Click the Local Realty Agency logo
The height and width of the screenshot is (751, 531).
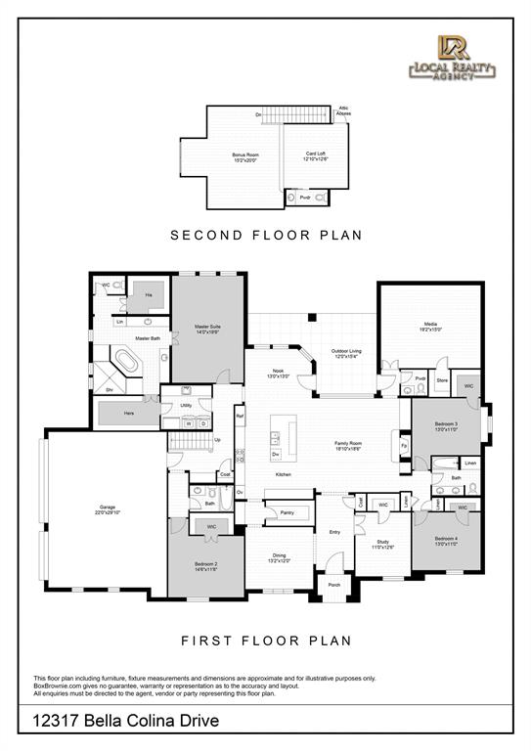click(453, 60)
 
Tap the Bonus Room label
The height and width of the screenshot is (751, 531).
click(245, 157)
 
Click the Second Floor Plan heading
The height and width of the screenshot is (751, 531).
click(266, 235)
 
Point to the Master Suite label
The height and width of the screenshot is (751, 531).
click(206, 330)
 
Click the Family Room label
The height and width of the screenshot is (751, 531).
click(348, 445)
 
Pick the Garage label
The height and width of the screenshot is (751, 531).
click(107, 508)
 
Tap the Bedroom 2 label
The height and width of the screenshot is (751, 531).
click(205, 569)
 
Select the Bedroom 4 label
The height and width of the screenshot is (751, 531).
click(447, 541)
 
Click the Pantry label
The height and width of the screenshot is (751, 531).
click(287, 511)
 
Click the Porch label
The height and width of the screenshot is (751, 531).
click(333, 585)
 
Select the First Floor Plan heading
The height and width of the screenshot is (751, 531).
click(266, 641)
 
